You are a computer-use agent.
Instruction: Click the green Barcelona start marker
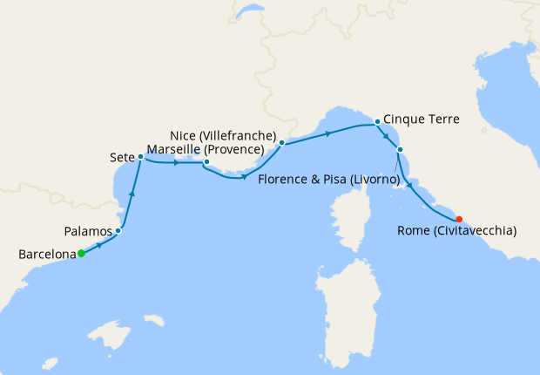81,254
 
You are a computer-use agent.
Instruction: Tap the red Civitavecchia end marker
459,219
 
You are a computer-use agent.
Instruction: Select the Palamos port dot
118,231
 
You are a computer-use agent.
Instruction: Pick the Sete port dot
140,157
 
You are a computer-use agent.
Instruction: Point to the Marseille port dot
206,162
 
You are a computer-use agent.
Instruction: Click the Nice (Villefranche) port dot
282,141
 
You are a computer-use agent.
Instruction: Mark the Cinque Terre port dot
377,121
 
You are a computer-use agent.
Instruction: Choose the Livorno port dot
400,160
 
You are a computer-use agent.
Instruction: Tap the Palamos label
88,232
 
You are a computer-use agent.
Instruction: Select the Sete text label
121,157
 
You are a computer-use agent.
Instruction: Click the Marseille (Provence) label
206,150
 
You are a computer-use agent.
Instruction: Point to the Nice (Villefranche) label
224,137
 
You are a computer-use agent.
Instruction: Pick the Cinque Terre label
421,119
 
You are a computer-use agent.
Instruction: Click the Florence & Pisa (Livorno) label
329,180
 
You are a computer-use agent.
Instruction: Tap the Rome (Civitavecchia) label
456,231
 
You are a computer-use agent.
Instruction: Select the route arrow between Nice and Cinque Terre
328,133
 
